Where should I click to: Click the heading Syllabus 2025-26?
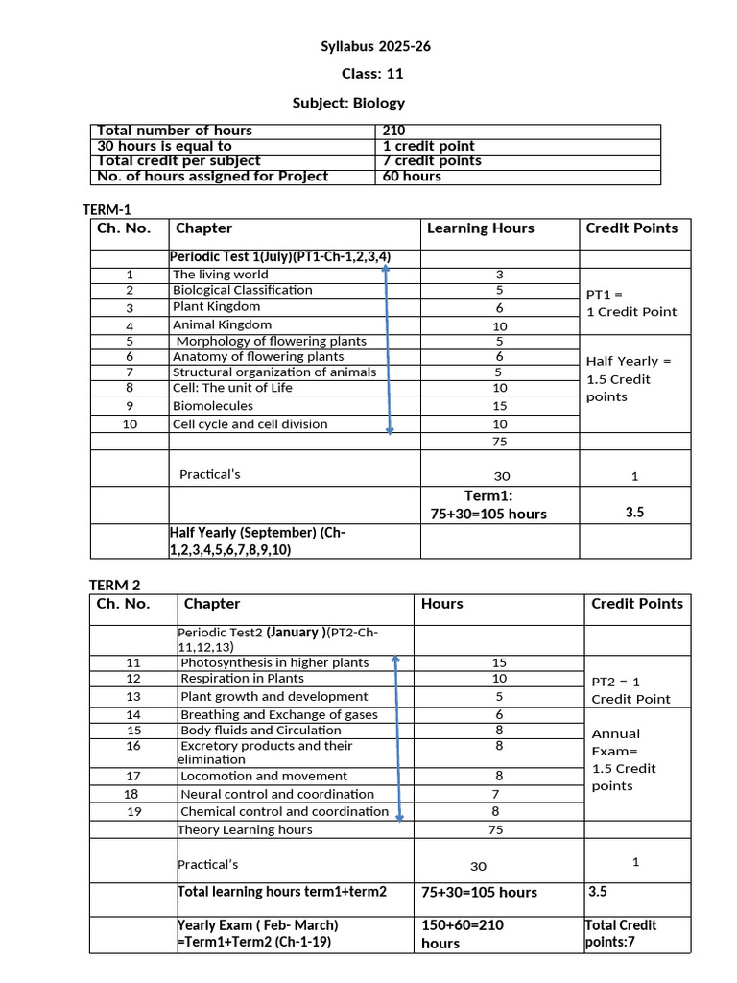[x=368, y=47]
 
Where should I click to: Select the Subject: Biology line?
[x=348, y=103]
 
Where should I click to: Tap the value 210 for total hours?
[x=393, y=131]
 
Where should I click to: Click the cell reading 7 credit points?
[x=432, y=161]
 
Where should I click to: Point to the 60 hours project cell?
[x=412, y=177]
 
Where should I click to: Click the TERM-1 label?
[x=108, y=209]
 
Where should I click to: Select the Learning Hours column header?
[x=480, y=228]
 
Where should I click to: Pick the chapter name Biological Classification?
[x=242, y=290]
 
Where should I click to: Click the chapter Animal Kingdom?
[x=222, y=324]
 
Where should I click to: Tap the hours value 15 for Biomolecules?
[x=499, y=406]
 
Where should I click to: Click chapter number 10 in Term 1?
[x=130, y=424]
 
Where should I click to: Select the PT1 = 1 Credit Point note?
[x=631, y=302]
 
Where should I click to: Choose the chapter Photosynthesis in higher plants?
[x=274, y=662]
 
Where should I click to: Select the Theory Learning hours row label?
[x=245, y=829]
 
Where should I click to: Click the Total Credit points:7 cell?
[x=621, y=933]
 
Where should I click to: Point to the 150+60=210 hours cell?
[x=463, y=933]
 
